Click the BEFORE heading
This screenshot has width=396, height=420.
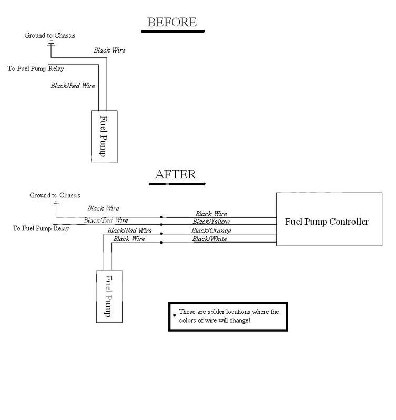(x=172, y=22)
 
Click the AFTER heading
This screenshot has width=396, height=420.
(x=176, y=174)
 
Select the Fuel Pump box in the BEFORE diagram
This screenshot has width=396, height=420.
(x=104, y=136)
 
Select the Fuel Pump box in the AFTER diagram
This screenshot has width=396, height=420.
(x=109, y=297)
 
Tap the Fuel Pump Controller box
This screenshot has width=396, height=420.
(x=326, y=221)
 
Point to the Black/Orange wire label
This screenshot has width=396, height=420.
(x=211, y=230)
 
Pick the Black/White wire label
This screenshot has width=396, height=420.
(x=210, y=239)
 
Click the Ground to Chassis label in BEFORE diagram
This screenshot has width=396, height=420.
(x=50, y=35)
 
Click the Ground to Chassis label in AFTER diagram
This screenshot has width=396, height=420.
(x=55, y=195)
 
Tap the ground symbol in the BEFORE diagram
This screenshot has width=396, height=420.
(x=51, y=43)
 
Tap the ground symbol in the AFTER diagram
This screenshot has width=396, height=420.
(x=55, y=203)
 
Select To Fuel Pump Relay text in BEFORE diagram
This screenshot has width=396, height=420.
(x=36, y=68)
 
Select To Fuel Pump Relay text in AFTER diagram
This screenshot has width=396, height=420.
(x=41, y=228)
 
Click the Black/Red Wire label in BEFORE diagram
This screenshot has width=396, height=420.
(x=73, y=85)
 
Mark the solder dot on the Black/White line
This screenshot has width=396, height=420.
(x=161, y=242)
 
